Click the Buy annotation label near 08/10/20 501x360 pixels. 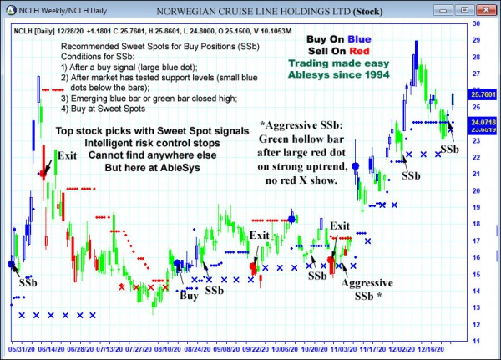pos(190,295)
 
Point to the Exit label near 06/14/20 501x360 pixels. pos(67,155)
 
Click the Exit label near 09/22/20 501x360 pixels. pos(260,235)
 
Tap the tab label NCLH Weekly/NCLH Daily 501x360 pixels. pos(53,12)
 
